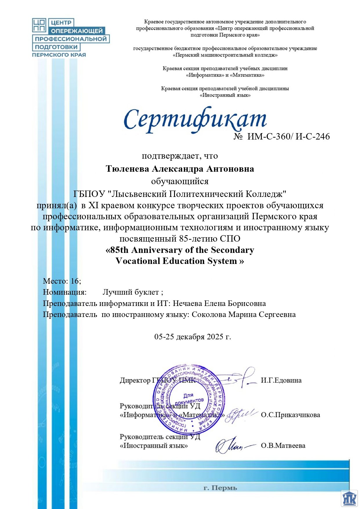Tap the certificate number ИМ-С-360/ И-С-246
point(288,136)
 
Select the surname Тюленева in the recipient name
point(127,169)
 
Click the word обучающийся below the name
point(180,181)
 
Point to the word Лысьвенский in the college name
point(139,193)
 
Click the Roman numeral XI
point(93,205)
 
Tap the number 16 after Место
point(75,281)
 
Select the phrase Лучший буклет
point(131,292)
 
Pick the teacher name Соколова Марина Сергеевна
point(244,314)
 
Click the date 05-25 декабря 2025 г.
point(193,337)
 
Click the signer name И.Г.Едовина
point(281,380)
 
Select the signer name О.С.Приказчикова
point(290,415)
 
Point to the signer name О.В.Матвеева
point(283,445)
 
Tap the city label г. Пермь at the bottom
point(220,488)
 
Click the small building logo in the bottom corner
point(349,499)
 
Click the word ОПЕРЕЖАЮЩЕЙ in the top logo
point(77,31)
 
